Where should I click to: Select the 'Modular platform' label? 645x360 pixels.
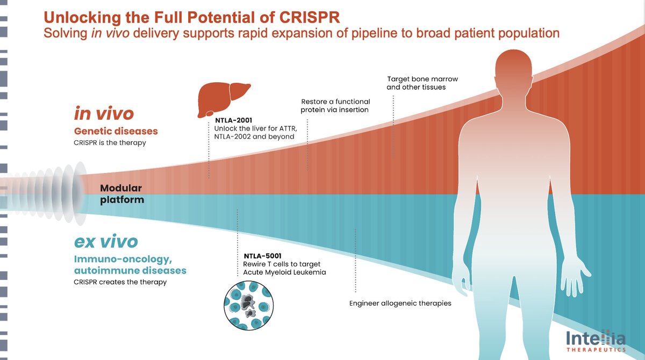tap(121, 194)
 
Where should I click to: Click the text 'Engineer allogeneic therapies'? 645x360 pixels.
tap(400, 303)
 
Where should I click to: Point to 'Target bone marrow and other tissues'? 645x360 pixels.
tap(422, 83)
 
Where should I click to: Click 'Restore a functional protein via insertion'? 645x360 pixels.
tap(335, 105)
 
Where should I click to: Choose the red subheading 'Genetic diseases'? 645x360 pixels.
tap(116, 131)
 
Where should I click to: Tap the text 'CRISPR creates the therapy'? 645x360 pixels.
tap(120, 282)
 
